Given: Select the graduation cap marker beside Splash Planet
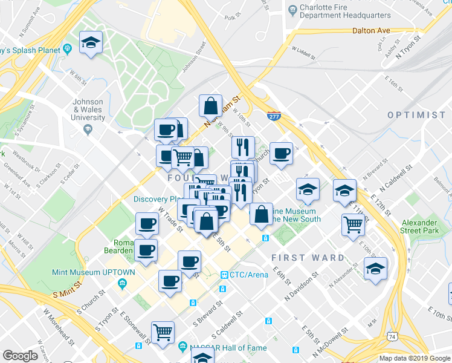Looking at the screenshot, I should (x=91, y=43).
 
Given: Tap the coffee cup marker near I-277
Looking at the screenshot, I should (x=281, y=154).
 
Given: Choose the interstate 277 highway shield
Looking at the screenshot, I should (x=274, y=116).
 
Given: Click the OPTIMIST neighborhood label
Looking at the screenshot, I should (x=416, y=115).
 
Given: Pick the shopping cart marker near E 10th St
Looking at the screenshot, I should (x=354, y=225).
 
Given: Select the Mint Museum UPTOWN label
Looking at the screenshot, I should (x=85, y=273).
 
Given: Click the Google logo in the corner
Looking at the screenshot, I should (x=21, y=355).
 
